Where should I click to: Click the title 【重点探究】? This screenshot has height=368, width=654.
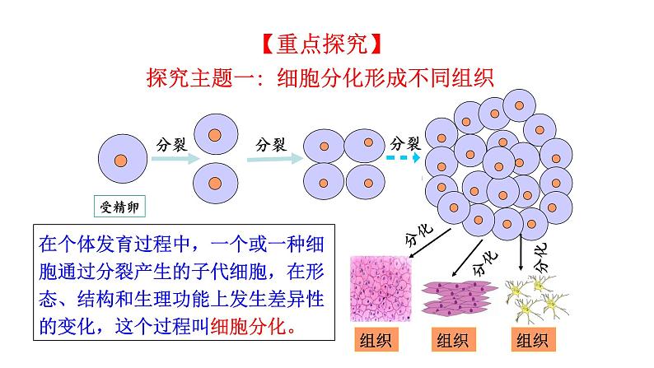322,44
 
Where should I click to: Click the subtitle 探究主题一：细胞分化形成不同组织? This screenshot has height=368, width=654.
320,77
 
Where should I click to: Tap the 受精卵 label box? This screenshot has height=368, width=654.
119,207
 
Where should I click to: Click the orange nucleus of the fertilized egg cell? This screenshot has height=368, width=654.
120,161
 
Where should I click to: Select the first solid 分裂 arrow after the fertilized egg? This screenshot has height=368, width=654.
175,158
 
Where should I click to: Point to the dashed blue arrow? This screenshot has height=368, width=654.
403,157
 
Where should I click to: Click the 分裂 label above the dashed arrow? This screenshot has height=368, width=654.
405,143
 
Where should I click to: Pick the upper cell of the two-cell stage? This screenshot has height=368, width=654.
215,135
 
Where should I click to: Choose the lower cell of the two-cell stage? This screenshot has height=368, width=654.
215,184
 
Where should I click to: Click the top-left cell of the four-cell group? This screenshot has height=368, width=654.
324,147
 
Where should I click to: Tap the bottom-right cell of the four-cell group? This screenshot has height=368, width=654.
366,182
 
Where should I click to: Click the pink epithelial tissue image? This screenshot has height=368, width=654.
381,289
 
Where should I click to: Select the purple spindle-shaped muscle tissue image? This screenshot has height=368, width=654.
459,297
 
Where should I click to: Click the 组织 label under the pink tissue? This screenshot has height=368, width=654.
376,340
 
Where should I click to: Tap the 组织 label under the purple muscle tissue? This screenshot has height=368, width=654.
453,340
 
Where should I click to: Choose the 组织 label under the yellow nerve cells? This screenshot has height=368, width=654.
533,340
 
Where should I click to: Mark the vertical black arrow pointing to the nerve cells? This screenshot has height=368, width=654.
521,253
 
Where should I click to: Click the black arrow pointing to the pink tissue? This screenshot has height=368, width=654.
430,244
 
